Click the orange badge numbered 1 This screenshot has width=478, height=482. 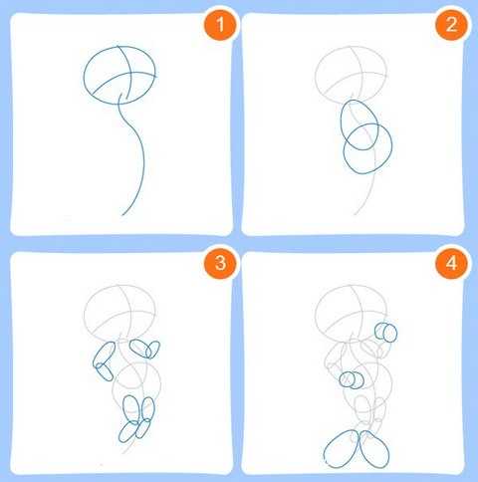click(x=220, y=25)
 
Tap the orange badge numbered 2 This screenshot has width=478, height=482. click(x=451, y=25)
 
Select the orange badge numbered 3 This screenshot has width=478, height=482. click(x=220, y=263)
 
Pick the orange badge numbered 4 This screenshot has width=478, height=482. click(x=451, y=263)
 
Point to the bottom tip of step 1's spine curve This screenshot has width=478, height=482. click(x=122, y=215)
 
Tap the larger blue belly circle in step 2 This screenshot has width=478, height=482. click(x=391, y=146)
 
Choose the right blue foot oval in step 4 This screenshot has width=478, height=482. click(x=387, y=451)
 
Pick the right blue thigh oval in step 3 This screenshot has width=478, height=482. click(x=154, y=409)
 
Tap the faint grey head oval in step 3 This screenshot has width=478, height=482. click(x=85, y=314)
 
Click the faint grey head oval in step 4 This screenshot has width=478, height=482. click(x=316, y=314)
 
